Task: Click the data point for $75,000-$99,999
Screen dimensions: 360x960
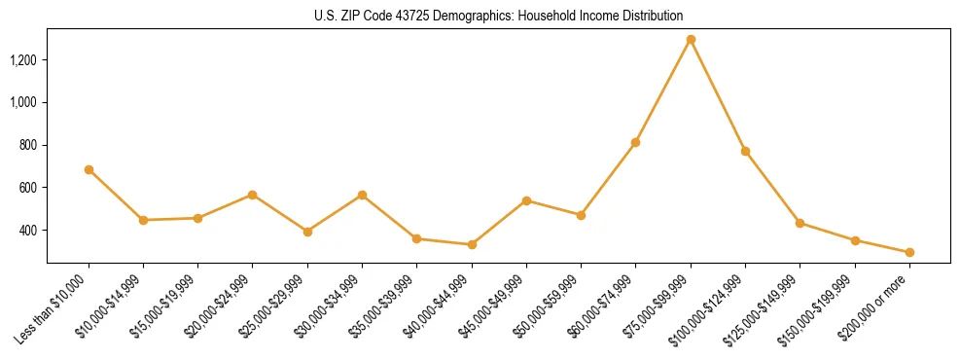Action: click(x=691, y=40)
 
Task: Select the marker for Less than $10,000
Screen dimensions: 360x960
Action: click(x=89, y=169)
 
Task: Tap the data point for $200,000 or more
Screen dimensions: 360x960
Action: click(x=909, y=252)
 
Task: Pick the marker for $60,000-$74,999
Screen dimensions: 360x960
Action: click(x=635, y=142)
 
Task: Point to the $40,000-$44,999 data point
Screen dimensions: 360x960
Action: click(x=472, y=244)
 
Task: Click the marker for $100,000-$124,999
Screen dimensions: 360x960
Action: click(x=745, y=151)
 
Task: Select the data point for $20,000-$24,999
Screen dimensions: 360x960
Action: click(x=253, y=195)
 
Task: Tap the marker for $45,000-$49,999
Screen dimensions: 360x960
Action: click(x=526, y=200)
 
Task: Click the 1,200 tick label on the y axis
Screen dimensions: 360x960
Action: click(x=24, y=60)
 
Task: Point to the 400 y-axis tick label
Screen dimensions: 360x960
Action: click(x=29, y=231)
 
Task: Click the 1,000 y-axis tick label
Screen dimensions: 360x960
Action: click(x=24, y=102)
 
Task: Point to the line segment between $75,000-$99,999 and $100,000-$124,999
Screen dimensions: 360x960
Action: click(x=718, y=95)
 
